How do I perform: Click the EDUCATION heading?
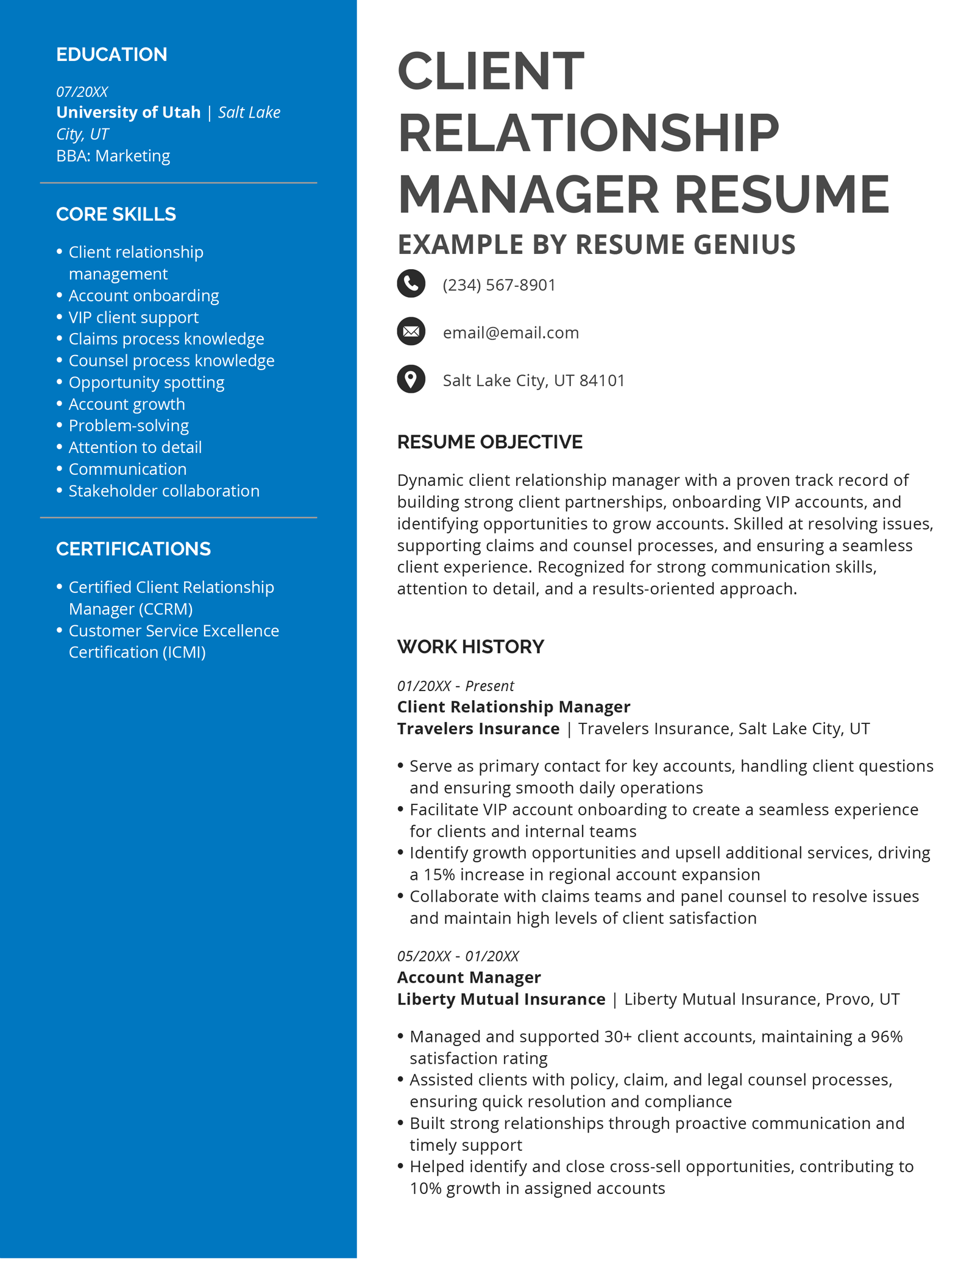[x=112, y=55]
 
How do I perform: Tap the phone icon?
[x=411, y=284]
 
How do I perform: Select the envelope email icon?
[x=411, y=331]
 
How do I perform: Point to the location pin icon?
[x=411, y=379]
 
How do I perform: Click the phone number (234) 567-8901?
[x=499, y=285]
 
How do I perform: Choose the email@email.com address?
[x=511, y=333]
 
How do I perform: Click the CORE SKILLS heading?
[x=116, y=214]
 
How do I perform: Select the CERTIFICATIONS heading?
[x=133, y=549]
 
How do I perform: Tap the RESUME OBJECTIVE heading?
[x=490, y=442]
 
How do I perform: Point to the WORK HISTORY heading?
[x=470, y=647]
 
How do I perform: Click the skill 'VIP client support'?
[x=133, y=317]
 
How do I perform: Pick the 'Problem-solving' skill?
[x=129, y=426]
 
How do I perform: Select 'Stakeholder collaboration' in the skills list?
[x=164, y=491]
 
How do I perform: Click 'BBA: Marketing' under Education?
[x=113, y=156]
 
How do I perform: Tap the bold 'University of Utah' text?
[x=129, y=113]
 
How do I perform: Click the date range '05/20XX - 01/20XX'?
[x=458, y=956]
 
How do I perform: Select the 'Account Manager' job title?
[x=469, y=977]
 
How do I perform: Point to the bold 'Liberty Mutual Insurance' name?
[x=501, y=999]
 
